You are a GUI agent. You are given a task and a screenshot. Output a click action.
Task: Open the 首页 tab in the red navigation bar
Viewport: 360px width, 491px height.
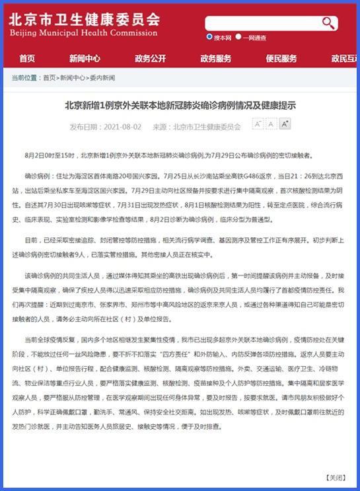[x=27, y=58]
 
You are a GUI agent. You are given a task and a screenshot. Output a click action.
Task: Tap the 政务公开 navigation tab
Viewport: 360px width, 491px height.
[x=151, y=58]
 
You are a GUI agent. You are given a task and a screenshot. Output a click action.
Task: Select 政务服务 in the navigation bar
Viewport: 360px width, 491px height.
[x=216, y=58]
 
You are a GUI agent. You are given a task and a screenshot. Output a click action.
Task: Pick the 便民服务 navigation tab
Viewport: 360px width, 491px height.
[x=281, y=58]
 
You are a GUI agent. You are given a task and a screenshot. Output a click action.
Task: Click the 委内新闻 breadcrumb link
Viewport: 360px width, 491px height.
[x=102, y=78]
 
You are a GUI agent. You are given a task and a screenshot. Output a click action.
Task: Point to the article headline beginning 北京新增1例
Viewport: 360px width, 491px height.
[x=180, y=105]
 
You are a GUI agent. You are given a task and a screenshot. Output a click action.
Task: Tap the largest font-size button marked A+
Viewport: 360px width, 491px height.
[x=285, y=124]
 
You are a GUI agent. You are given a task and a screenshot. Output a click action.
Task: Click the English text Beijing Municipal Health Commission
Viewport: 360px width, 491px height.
[x=83, y=33]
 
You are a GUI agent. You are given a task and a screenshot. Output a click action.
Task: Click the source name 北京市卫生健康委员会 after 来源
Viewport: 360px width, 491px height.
[x=207, y=127]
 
